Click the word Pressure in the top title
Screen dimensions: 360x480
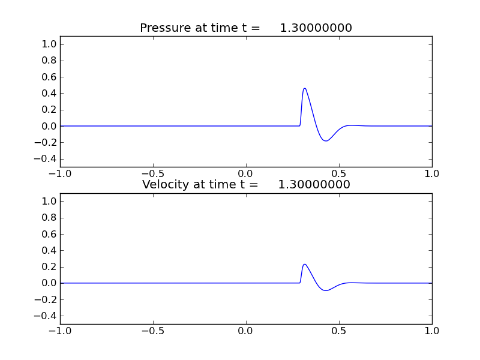point(165,28)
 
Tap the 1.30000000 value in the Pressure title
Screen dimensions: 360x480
point(316,28)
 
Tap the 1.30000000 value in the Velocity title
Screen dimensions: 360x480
point(314,185)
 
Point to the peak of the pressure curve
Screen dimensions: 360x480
point(305,88)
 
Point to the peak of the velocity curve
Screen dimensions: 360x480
point(305,264)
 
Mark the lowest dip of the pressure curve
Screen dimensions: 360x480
point(326,141)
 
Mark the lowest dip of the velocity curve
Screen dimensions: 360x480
point(326,290)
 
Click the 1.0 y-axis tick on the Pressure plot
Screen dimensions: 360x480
point(50,44)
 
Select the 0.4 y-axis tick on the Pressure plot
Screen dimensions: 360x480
point(50,93)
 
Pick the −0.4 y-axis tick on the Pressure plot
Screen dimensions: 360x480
point(47,159)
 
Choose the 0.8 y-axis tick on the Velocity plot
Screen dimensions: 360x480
point(50,218)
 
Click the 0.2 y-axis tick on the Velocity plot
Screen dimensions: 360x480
point(50,267)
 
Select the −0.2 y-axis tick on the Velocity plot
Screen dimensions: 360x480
point(47,299)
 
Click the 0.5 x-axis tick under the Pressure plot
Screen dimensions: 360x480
point(339,173)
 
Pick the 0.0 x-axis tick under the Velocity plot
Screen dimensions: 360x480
point(246,331)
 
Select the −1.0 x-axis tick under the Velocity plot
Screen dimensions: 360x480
point(59,331)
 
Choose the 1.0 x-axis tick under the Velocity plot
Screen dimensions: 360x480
point(432,331)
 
